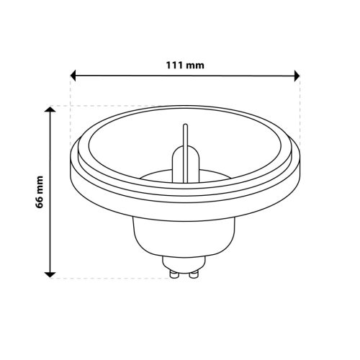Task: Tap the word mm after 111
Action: tap(195, 65)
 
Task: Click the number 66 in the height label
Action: tap(40, 206)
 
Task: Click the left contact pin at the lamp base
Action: tap(174, 273)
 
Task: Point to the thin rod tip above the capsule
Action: tap(186, 128)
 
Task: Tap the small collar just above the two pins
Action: tap(184, 262)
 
